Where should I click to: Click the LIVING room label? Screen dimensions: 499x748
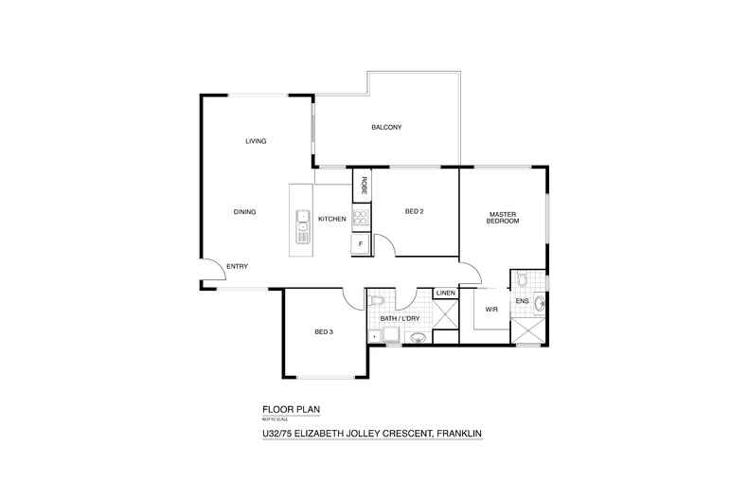(x=256, y=141)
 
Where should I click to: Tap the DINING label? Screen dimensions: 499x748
(x=244, y=212)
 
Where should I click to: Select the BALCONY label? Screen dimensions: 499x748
(x=387, y=128)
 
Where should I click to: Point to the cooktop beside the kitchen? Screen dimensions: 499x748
(x=360, y=219)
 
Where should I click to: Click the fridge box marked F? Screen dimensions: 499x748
(x=360, y=244)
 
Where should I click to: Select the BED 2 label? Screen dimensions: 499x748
(x=413, y=211)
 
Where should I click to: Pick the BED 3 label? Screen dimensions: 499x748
(x=324, y=332)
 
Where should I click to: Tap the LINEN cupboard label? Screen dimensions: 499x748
(x=446, y=293)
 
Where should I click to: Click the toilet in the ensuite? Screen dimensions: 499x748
(x=522, y=279)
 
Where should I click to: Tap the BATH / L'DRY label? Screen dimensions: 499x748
(x=401, y=319)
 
